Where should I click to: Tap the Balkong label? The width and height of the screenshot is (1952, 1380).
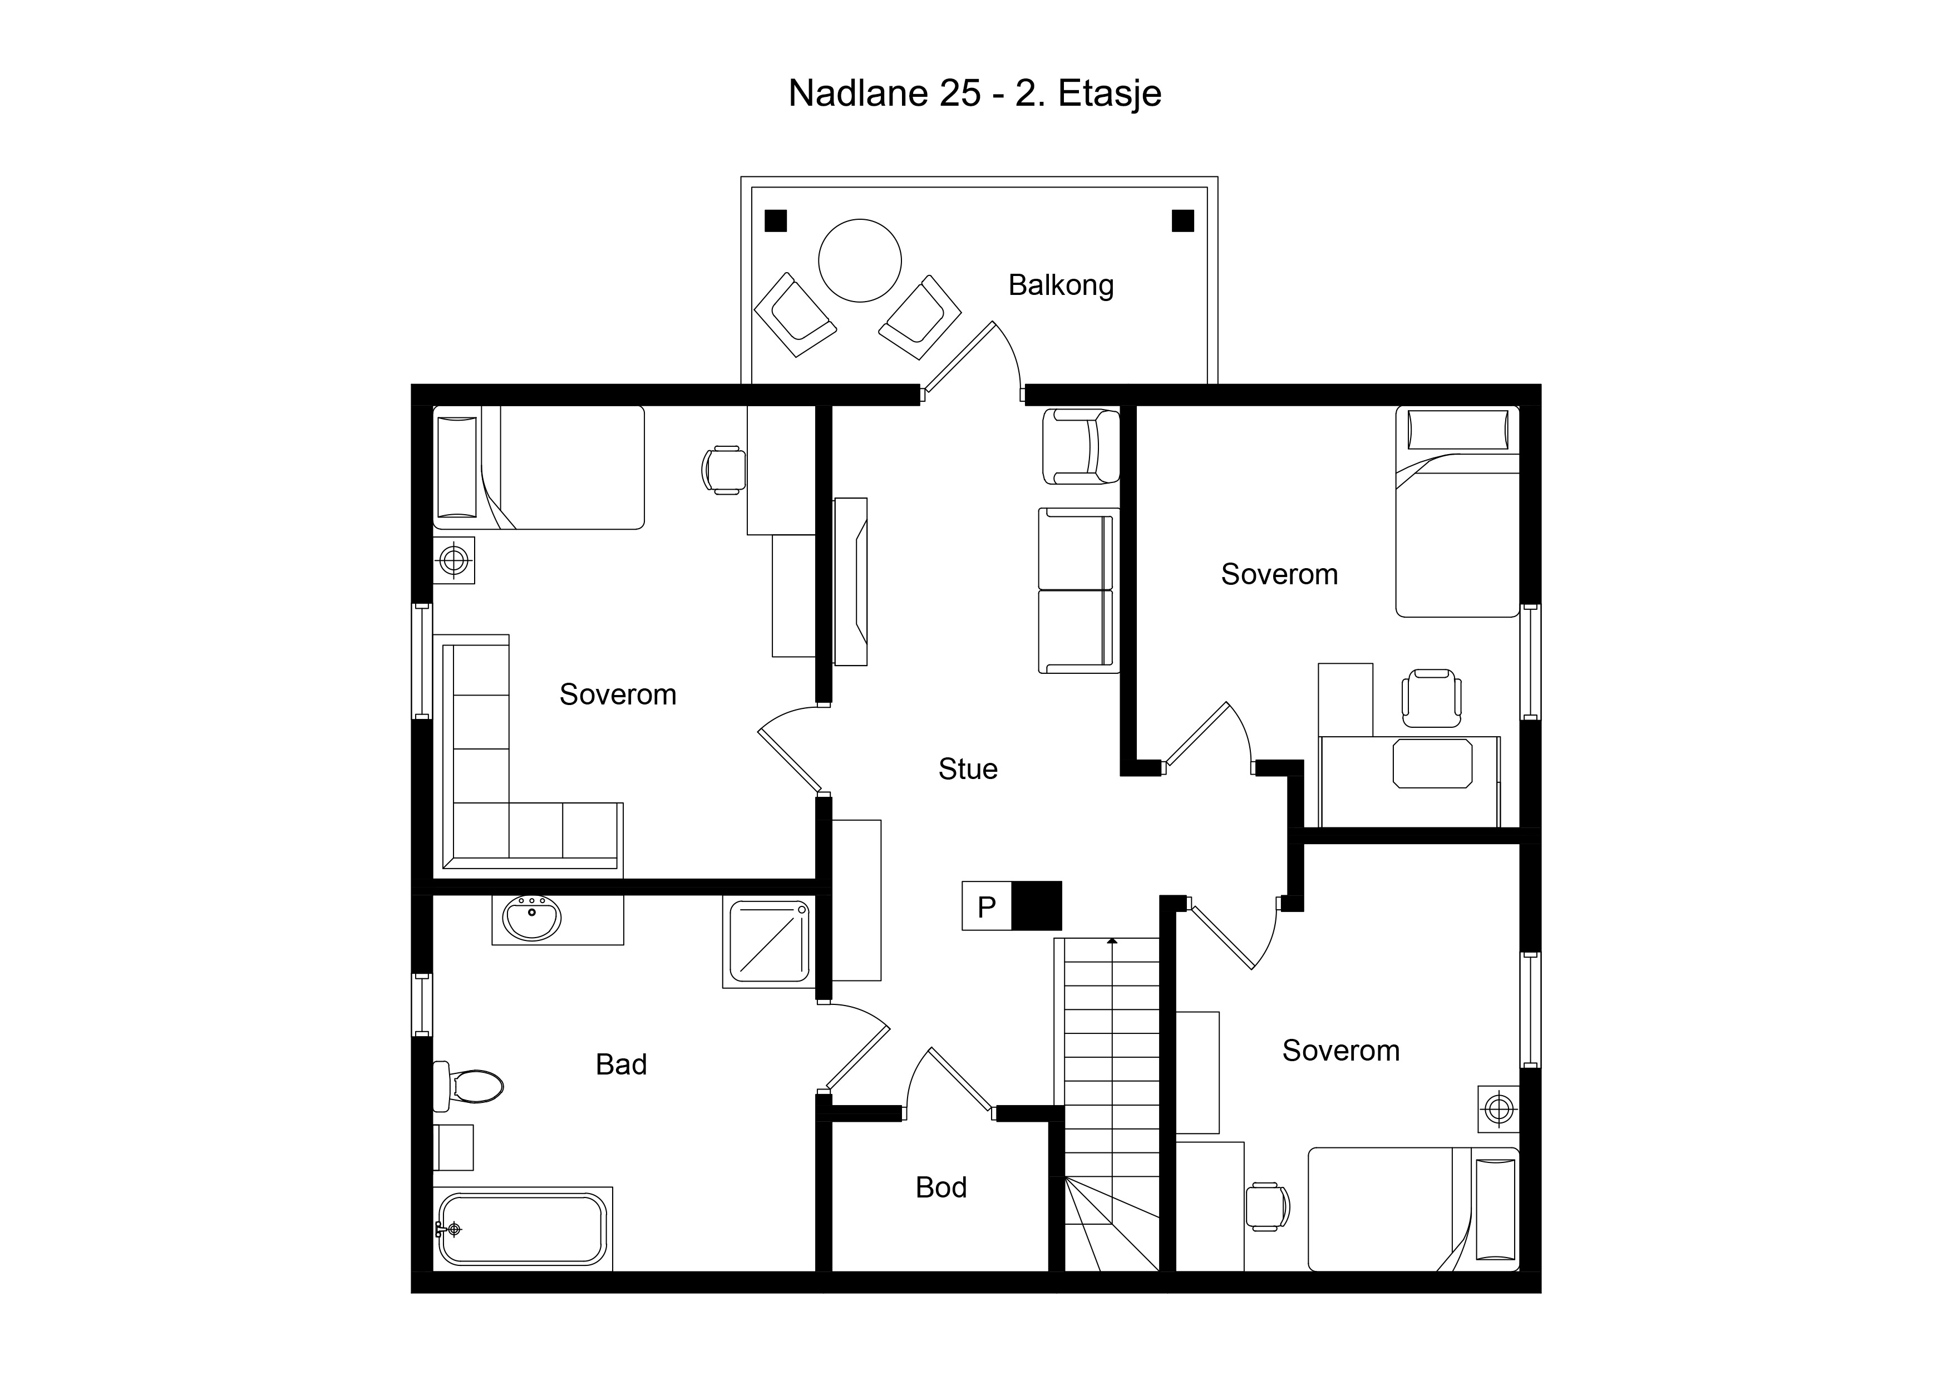[x=1061, y=285]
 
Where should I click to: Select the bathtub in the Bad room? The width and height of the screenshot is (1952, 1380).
[x=522, y=1229]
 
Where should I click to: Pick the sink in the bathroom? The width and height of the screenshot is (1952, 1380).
[x=532, y=918]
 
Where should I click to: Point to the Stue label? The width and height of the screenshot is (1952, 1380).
[x=968, y=768]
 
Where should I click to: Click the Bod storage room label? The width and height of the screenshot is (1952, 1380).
[x=941, y=1187]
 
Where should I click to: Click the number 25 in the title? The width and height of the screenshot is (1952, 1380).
[x=960, y=93]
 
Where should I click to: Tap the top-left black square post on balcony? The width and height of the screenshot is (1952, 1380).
[x=775, y=220]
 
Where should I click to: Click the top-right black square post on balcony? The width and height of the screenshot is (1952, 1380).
[x=1182, y=220]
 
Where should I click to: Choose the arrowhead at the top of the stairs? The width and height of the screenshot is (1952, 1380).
[x=1112, y=940]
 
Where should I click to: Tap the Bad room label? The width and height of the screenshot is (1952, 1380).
[x=622, y=1064]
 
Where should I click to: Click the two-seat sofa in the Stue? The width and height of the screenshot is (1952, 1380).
[x=1078, y=591]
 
